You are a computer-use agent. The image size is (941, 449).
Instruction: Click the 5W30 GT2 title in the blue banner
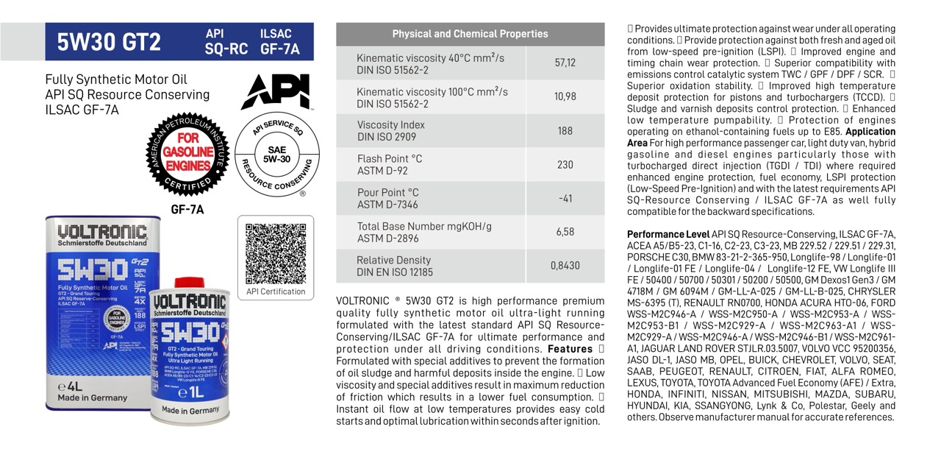pos(109,42)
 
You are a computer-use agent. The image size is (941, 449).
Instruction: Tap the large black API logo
pos(275,91)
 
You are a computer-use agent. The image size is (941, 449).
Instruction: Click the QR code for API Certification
pos(276,252)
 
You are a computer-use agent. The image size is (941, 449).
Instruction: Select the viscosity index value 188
pos(565,131)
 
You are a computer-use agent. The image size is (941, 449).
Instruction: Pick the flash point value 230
pos(565,165)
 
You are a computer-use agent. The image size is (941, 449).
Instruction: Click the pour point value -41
pos(565,199)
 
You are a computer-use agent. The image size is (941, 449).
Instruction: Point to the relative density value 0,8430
pos(565,266)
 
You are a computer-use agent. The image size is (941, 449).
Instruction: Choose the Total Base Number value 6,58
pos(565,232)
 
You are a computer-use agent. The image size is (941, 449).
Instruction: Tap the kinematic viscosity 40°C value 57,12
pos(565,63)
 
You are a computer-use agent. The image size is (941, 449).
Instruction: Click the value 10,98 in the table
pos(565,97)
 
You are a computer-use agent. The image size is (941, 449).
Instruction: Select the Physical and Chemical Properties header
pos(470,34)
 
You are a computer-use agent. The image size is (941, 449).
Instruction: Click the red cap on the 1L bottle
pos(189,283)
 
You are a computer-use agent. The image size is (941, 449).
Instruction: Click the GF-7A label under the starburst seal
pos(187,209)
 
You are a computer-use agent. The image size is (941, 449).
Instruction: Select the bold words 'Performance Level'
pos(657,234)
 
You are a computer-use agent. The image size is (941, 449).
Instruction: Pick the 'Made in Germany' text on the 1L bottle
pos(190,410)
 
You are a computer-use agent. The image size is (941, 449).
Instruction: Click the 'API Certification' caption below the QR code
pos(276,291)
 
